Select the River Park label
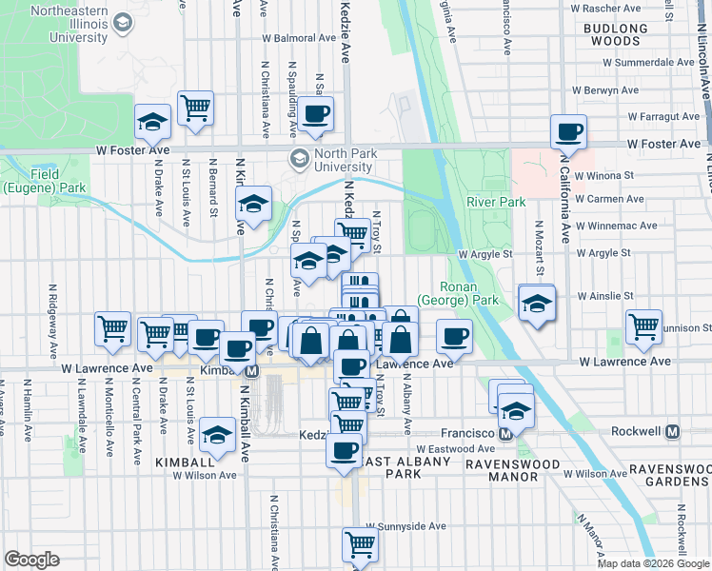(x=496, y=202)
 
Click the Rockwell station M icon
(x=673, y=431)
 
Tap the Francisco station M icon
(x=506, y=433)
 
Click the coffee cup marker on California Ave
(x=568, y=131)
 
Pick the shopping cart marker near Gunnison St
(x=644, y=326)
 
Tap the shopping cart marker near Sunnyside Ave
(x=361, y=545)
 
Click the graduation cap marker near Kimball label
(x=219, y=435)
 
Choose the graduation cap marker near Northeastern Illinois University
(x=151, y=121)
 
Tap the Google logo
(x=31, y=560)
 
